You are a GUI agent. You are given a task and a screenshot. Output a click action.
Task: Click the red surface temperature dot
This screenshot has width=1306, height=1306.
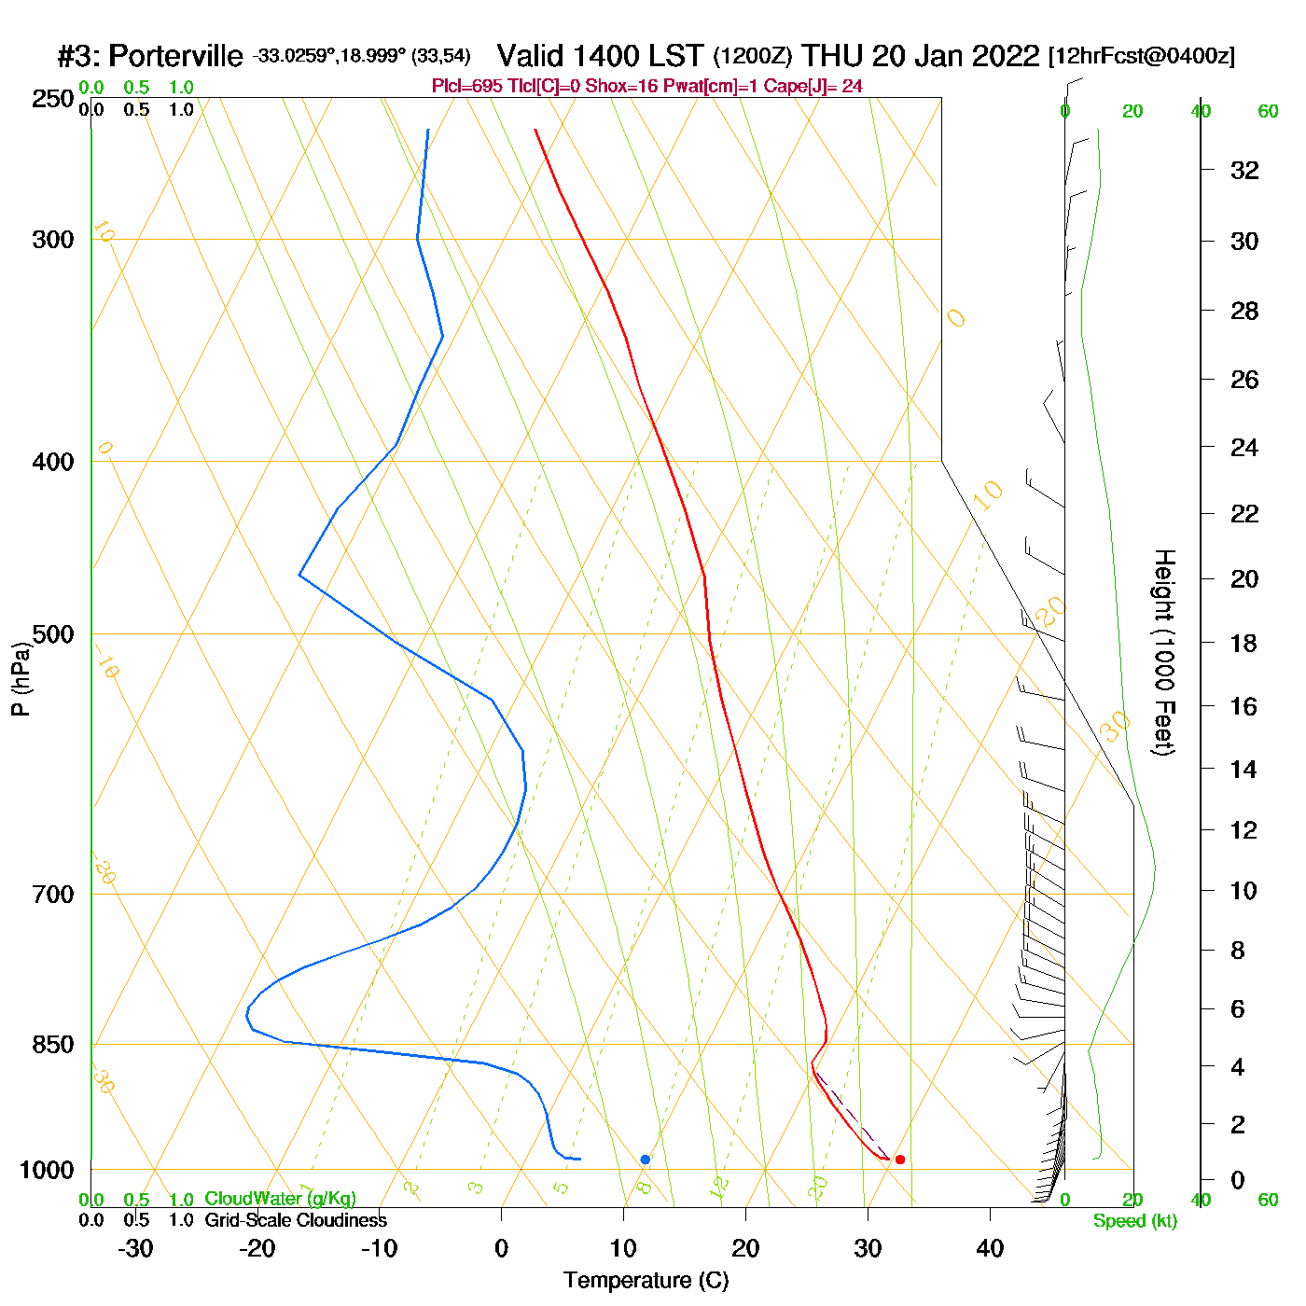click(x=899, y=1160)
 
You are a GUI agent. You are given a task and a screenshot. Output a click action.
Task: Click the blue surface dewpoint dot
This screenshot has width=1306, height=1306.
click(x=645, y=1160)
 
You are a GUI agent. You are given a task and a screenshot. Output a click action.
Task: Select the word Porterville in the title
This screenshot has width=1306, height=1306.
click(x=175, y=56)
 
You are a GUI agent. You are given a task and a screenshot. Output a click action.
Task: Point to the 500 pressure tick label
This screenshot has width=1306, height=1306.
click(x=53, y=634)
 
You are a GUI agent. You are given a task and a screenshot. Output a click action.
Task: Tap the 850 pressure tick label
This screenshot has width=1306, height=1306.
click(x=53, y=1045)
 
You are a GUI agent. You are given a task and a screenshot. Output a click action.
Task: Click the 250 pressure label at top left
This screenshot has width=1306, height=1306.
click(x=53, y=99)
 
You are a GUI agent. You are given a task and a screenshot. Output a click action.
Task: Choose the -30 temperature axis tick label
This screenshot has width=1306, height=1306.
click(x=135, y=1248)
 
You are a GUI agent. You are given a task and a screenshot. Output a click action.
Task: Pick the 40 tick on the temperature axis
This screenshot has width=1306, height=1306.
click(x=990, y=1248)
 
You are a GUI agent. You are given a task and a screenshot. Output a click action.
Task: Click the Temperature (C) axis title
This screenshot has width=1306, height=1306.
click(x=646, y=1281)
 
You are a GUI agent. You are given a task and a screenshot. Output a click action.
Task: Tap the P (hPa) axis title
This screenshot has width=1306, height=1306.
click(x=21, y=679)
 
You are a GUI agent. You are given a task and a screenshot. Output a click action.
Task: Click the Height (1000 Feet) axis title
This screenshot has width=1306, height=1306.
click(x=1163, y=652)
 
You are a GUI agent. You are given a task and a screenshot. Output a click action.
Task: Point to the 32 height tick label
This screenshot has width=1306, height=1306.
click(x=1244, y=171)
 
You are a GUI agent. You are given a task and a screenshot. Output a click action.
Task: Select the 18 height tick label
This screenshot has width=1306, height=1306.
click(x=1244, y=643)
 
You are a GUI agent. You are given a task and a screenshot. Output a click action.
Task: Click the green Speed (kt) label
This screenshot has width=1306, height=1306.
click(x=1134, y=1221)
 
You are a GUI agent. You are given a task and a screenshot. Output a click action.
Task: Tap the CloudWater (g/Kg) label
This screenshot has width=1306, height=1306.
click(x=280, y=1199)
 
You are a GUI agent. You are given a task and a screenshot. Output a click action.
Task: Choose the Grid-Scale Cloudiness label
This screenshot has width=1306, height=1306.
click(x=296, y=1220)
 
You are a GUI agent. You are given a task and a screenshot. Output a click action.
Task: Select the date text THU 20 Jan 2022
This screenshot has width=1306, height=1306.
click(x=920, y=56)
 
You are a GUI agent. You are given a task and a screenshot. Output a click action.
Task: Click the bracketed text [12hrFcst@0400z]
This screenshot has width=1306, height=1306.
click(x=1142, y=56)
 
